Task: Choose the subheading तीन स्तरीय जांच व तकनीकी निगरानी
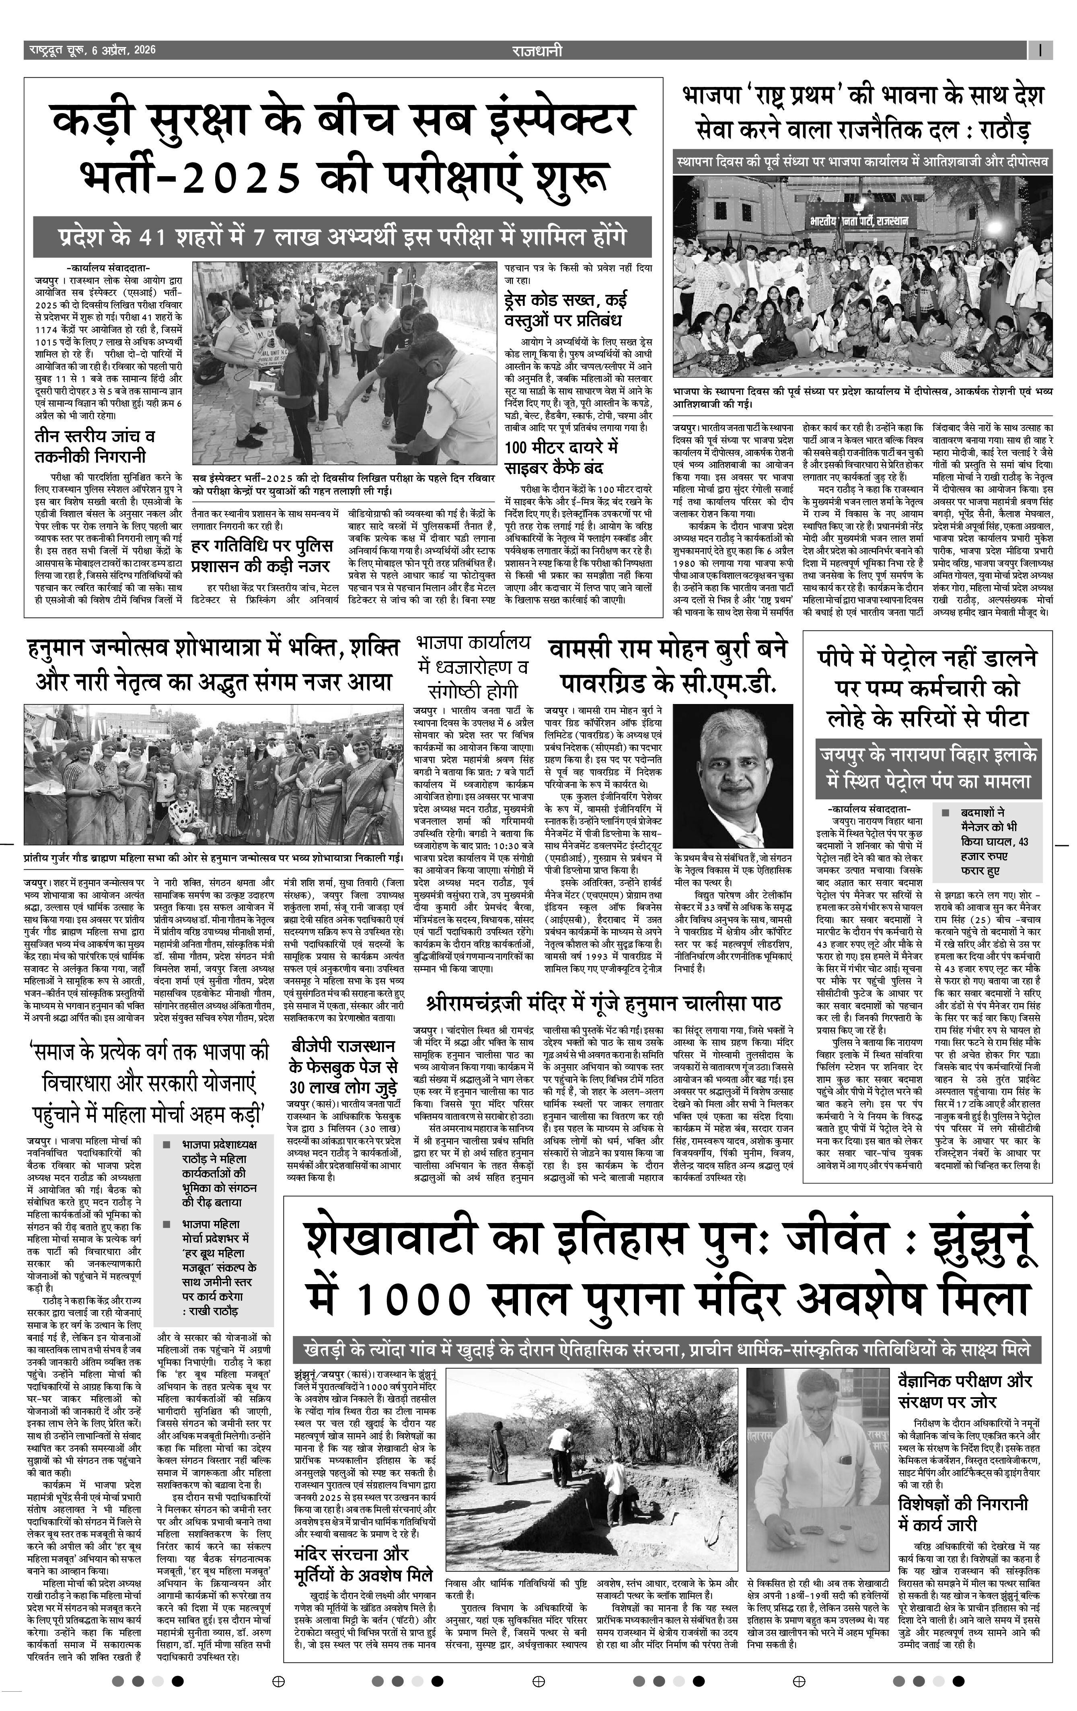(94, 445)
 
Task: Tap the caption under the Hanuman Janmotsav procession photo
(213, 856)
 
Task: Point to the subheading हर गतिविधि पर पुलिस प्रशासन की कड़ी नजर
(261, 556)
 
